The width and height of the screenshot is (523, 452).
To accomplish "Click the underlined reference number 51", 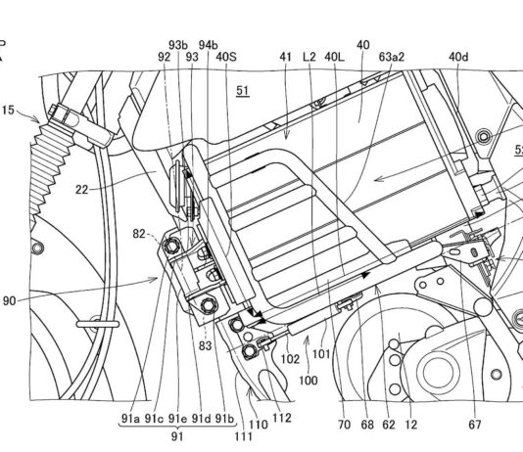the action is tap(243, 91).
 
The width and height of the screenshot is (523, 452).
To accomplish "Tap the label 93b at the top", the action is tap(178, 45).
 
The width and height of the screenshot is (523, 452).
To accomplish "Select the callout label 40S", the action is tap(226, 57).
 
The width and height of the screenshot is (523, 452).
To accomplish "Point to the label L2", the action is tap(309, 57).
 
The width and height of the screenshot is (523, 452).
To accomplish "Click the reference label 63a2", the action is tap(391, 57).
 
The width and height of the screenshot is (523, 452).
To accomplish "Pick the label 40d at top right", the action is tap(458, 57).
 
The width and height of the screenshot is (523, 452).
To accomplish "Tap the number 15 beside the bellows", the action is tap(8, 111).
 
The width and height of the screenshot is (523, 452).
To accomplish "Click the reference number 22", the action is tap(81, 190).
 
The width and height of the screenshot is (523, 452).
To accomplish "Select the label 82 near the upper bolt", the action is tap(139, 234).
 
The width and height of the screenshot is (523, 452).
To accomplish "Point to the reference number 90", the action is tap(10, 301).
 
